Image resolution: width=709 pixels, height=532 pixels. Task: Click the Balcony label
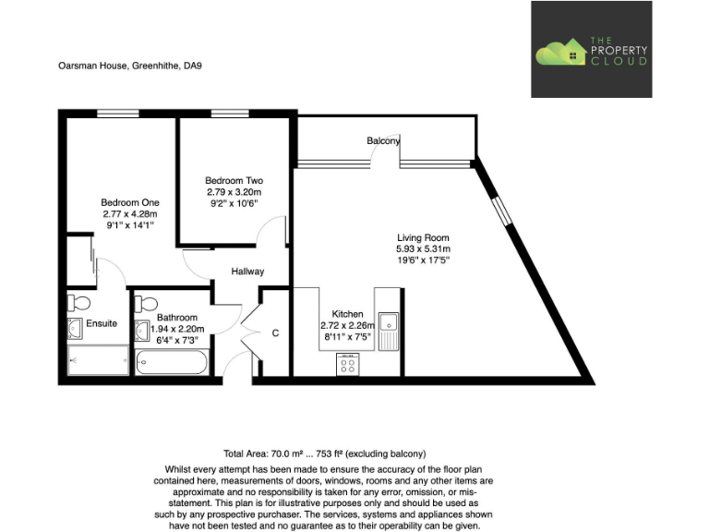[383, 141]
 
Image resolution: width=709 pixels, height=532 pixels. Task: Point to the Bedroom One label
[130, 202]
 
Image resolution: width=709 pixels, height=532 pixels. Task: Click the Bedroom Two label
[234, 180]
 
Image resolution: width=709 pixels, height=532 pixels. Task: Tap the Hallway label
[247, 272]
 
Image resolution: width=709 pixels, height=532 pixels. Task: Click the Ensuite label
[102, 323]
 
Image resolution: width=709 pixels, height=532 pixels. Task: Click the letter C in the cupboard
[275, 333]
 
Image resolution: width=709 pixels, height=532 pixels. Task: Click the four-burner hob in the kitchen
[348, 364]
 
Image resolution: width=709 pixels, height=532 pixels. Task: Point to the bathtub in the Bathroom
[172, 361]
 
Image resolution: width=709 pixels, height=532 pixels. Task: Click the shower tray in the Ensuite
[97, 360]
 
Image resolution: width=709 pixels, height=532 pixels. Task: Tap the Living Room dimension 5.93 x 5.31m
[423, 248]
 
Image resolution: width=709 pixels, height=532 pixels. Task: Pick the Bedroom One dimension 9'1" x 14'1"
[129, 224]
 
